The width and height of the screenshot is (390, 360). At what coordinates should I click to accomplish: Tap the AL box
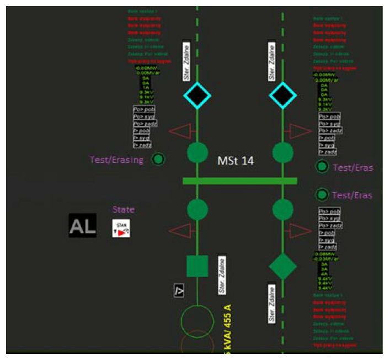[82, 225]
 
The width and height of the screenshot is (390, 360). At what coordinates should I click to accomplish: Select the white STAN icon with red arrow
[121, 228]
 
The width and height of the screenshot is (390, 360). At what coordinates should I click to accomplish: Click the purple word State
[124, 210]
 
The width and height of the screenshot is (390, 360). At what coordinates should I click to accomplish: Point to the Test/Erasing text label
[116, 160]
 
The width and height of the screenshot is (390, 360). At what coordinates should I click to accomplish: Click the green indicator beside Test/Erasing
[158, 160]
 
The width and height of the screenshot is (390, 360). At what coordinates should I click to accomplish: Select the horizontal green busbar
[240, 181]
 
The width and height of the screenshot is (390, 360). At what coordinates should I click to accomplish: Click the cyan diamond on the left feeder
[197, 96]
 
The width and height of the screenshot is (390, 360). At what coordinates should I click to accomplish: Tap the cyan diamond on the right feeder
[283, 96]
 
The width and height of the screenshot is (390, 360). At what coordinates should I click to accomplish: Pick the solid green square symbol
[197, 266]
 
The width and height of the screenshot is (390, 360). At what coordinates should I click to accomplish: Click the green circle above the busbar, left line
[197, 152]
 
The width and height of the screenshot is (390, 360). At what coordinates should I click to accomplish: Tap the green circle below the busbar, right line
[283, 209]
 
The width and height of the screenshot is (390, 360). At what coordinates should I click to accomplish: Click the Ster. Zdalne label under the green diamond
[271, 303]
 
